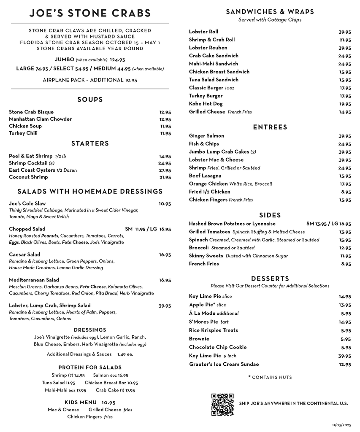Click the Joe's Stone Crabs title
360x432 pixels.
(90, 13)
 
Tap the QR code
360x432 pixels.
(222, 404)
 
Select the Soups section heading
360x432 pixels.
(90, 100)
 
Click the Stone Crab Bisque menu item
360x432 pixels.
(31, 112)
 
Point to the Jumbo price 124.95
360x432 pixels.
(117, 60)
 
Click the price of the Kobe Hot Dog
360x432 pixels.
(345, 104)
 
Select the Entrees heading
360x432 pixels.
(270, 127)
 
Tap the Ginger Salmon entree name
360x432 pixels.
(206, 136)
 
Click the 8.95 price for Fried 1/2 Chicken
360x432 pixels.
(346, 192)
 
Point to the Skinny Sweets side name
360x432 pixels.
(206, 256)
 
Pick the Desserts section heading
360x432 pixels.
(270, 279)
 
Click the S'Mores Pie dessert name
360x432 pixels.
(203, 322)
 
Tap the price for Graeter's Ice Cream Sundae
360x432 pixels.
(345, 364)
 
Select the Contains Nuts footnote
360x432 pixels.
(270, 378)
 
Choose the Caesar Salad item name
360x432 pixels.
(24, 255)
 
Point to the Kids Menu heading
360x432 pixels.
(81, 402)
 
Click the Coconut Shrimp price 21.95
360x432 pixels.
(165, 178)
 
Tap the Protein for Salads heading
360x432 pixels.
(90, 367)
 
